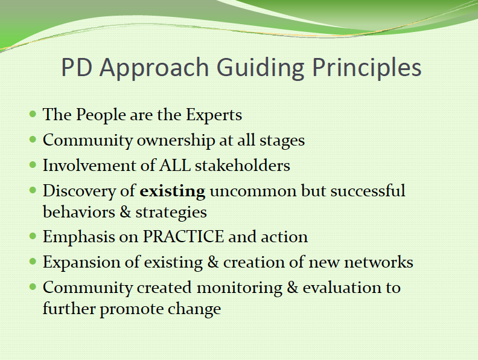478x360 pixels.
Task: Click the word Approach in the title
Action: [x=154, y=68]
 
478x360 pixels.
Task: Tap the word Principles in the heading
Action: [x=367, y=68]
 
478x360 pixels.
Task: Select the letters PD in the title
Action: [x=77, y=67]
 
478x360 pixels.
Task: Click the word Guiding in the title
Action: [x=260, y=68]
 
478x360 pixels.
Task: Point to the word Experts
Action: [x=214, y=115]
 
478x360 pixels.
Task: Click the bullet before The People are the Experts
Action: [x=33, y=115]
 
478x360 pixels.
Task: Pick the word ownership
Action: [x=176, y=141]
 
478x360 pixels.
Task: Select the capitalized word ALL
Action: [x=175, y=166]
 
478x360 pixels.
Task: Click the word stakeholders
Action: [x=243, y=166]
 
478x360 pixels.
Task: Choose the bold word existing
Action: [x=172, y=192]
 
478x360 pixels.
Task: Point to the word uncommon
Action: [x=253, y=192]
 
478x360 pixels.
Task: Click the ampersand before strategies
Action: [x=125, y=212]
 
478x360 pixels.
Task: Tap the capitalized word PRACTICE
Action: [x=183, y=237]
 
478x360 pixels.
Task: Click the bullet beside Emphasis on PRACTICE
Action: [x=33, y=236]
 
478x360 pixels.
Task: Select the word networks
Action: [x=378, y=262]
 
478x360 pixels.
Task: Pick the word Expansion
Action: [x=92, y=263]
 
